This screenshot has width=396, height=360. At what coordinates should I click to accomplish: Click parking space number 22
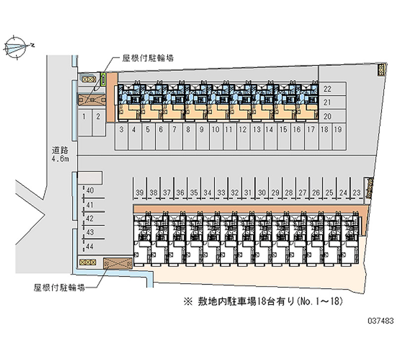[x=327, y=90]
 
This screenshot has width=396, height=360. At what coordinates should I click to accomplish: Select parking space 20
[x=327, y=116]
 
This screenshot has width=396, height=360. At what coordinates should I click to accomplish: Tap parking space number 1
[x=85, y=117]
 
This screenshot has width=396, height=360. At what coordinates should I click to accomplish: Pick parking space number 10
[x=215, y=130]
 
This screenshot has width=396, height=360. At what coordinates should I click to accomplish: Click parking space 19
[x=338, y=130]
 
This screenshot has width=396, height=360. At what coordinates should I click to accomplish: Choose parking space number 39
[x=140, y=193]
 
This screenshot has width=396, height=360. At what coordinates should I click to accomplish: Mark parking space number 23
[x=356, y=193]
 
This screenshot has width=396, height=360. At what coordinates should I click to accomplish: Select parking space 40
[x=90, y=190]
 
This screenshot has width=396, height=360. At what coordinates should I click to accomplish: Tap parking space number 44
[x=90, y=246]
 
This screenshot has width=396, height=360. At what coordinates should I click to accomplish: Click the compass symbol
[x=16, y=47]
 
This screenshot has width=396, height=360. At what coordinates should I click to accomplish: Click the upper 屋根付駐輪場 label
[x=148, y=58]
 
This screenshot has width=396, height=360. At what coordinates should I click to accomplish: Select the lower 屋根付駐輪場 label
[x=59, y=287]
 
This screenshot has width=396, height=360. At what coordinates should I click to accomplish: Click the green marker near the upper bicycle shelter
[x=103, y=79]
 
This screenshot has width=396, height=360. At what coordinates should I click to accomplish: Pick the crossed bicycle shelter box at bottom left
[x=117, y=263]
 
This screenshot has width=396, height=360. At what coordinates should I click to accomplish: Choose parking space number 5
[x=148, y=130]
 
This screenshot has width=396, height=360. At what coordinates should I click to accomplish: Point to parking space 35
[x=194, y=193]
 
